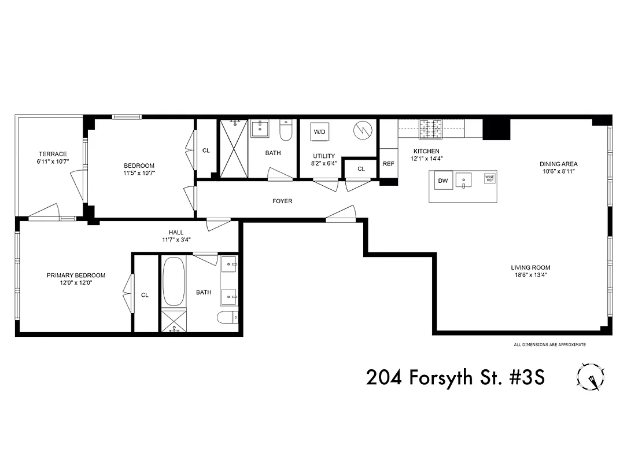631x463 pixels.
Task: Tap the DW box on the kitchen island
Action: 444,181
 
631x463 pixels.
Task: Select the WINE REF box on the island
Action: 489,179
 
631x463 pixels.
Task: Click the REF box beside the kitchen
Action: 388,164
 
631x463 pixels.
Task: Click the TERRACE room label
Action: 53,154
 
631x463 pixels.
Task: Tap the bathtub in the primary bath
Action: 174,282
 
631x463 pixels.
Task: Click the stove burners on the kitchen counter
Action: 430,128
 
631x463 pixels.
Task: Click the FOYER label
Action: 282,201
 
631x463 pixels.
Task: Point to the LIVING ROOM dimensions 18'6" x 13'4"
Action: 530,275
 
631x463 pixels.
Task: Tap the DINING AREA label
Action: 559,164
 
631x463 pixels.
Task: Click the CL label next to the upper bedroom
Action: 206,150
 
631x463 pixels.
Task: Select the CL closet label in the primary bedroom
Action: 145,295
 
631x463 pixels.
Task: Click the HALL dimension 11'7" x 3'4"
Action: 176,240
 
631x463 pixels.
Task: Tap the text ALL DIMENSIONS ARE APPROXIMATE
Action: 549,345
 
